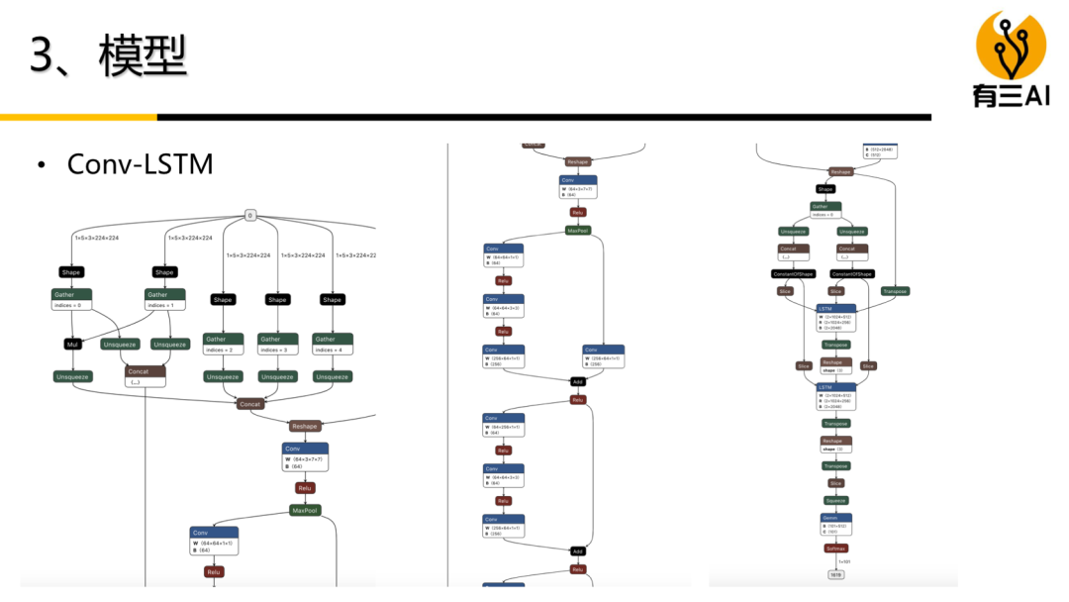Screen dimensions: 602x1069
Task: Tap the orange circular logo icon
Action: (x=1012, y=46)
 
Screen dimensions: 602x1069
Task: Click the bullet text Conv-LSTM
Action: (x=140, y=163)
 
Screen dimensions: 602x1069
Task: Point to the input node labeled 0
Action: (x=250, y=215)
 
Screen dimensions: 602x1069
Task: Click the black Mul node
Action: (x=71, y=345)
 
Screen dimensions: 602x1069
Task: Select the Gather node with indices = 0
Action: (x=71, y=299)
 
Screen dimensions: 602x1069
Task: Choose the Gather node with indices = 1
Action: (x=165, y=299)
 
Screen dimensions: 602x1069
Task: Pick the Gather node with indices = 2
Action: (x=223, y=344)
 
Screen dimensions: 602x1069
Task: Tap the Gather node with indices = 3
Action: (x=277, y=344)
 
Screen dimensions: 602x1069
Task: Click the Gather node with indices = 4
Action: (x=333, y=344)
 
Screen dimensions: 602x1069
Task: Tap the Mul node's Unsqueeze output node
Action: (x=71, y=376)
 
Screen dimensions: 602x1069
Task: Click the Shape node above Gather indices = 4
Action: (x=333, y=299)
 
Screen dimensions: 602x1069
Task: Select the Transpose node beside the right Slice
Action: (x=895, y=291)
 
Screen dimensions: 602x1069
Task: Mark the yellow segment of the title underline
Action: (x=78, y=117)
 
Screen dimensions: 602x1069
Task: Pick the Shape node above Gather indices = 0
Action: (x=71, y=272)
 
